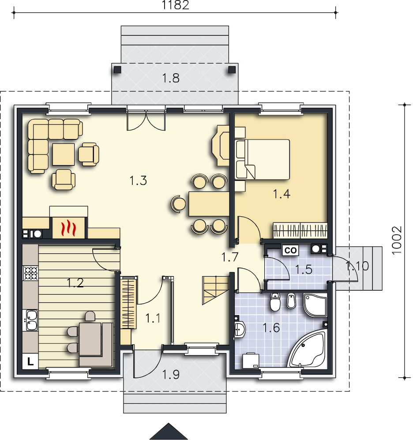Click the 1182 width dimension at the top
pyautogui.click(x=175, y=5)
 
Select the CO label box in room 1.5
pyautogui.click(x=290, y=250)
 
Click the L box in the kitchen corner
pyautogui.click(x=30, y=361)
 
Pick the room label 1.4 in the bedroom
pyautogui.click(x=282, y=194)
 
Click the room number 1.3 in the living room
pyautogui.click(x=138, y=181)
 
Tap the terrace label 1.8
pyautogui.click(x=171, y=78)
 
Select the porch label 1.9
pyautogui.click(x=171, y=374)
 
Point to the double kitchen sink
pyautogui.click(x=32, y=320)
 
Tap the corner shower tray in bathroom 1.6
pyautogui.click(x=315, y=305)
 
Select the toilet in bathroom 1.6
pyautogui.click(x=275, y=302)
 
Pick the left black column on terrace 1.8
pyautogui.click(x=117, y=69)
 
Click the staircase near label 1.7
pyautogui.click(x=215, y=290)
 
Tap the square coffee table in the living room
pyautogui.click(x=64, y=154)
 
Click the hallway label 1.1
pyautogui.click(x=153, y=319)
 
